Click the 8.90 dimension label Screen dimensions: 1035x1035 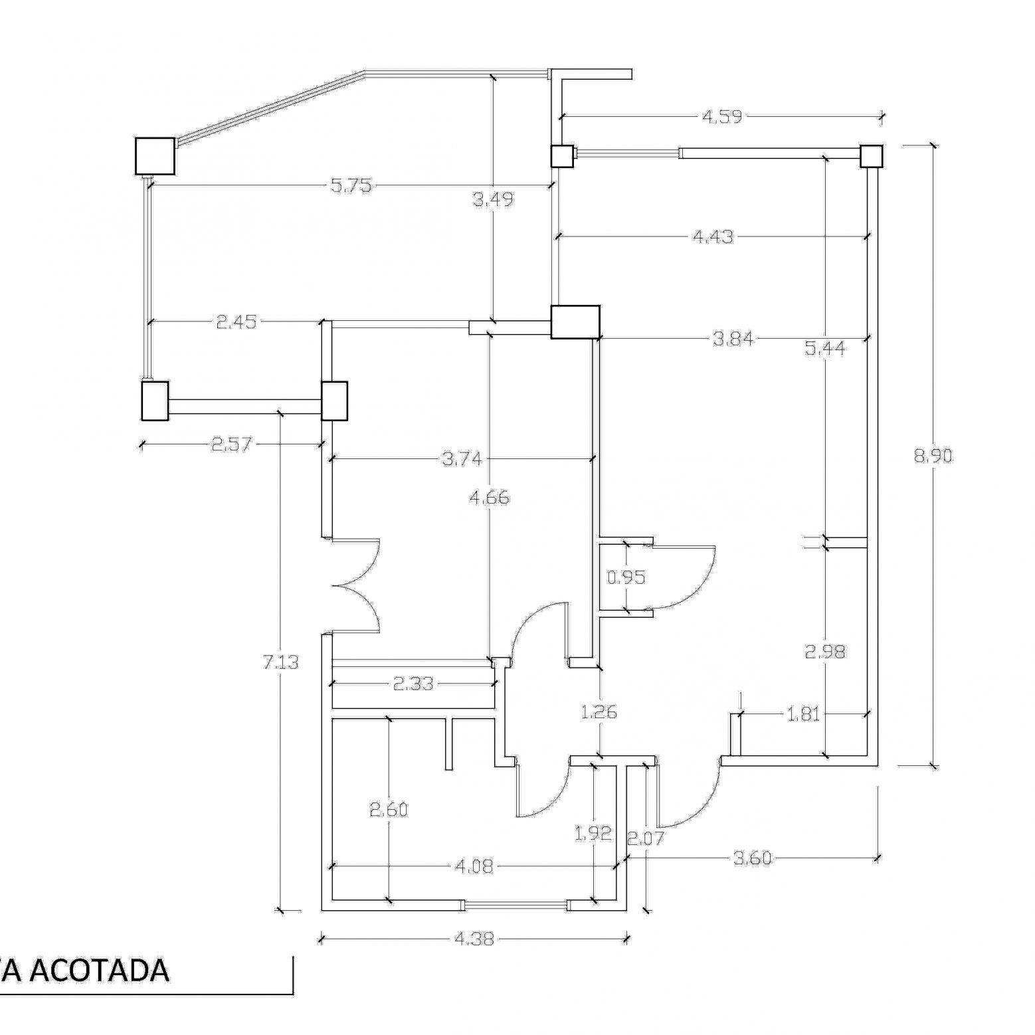[x=933, y=456]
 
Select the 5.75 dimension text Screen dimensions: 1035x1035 [x=351, y=186]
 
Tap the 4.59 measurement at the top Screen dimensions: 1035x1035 [x=722, y=117]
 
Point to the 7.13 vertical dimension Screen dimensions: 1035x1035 [x=282, y=662]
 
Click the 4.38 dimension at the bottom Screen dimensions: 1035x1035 [x=474, y=939]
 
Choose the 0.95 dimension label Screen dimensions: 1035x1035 [x=626, y=577]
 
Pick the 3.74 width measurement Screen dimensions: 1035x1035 [x=462, y=458]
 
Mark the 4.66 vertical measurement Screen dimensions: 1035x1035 [x=489, y=498]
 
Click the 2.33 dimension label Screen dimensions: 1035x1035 [x=413, y=683]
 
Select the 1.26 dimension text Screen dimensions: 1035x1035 [x=599, y=713]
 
